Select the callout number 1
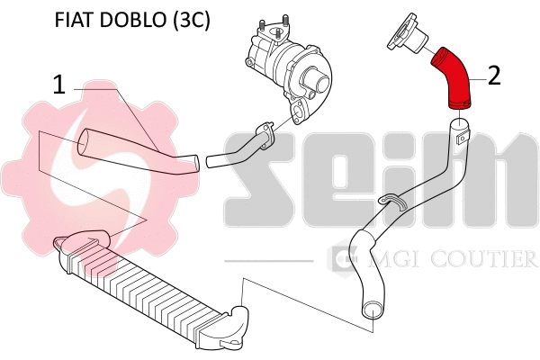[58, 85]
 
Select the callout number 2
[494, 75]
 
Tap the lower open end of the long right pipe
[371, 311]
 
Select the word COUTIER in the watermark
[490, 260]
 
